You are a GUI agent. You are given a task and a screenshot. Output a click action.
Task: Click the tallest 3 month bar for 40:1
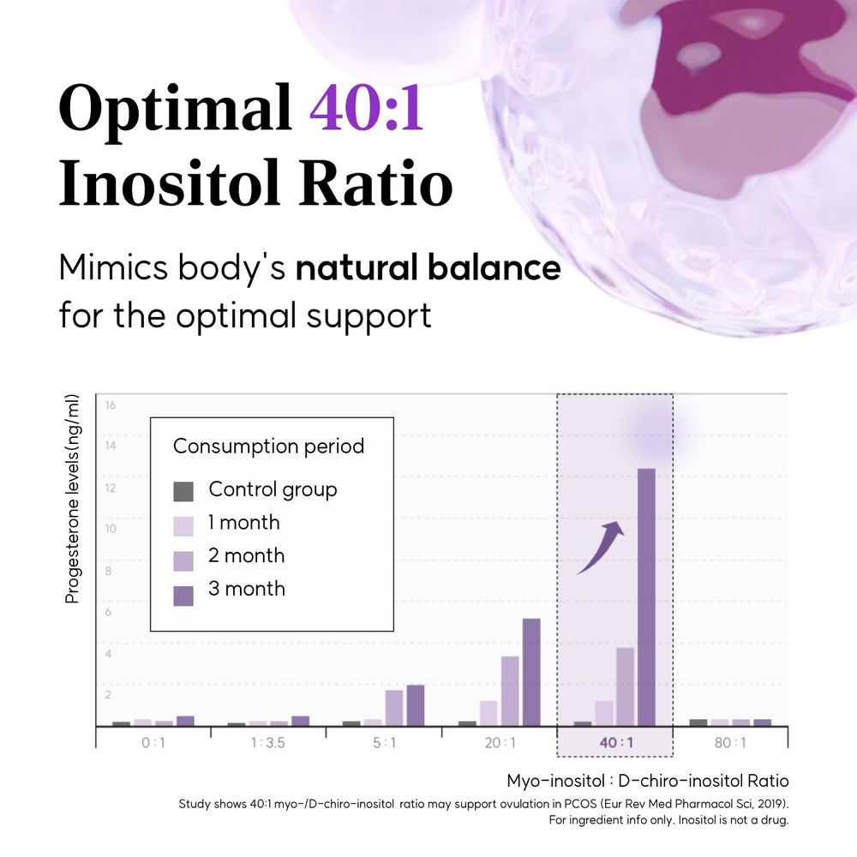click(x=646, y=596)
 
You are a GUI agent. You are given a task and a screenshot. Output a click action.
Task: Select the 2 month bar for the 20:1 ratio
click(x=510, y=691)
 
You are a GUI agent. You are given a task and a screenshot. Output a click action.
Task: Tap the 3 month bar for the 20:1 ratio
click(x=531, y=672)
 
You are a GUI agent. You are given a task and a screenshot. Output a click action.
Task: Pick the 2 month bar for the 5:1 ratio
click(x=394, y=708)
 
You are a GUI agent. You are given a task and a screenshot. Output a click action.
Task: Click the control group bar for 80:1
click(x=698, y=722)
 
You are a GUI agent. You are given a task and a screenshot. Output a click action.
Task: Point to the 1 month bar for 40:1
click(x=604, y=713)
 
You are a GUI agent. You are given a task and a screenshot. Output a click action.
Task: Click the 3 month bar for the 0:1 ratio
click(x=185, y=721)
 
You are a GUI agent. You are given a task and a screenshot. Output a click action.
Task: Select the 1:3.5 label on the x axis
click(x=267, y=742)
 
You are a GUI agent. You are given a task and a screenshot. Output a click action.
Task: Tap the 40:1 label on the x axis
click(x=616, y=742)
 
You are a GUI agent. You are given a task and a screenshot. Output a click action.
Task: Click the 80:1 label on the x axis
click(x=729, y=742)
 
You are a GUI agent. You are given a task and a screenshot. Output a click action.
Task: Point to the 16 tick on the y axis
click(x=111, y=405)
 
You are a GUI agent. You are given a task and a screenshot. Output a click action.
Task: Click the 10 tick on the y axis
click(x=111, y=529)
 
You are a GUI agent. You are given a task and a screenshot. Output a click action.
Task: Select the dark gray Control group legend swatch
click(x=183, y=491)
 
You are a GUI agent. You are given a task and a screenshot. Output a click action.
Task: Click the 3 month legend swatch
click(x=183, y=596)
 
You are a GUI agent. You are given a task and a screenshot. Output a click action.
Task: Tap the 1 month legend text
click(x=243, y=523)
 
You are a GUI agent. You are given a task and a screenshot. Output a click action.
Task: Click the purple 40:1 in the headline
click(x=367, y=107)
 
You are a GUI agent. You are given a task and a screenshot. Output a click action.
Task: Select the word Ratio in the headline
click(x=376, y=183)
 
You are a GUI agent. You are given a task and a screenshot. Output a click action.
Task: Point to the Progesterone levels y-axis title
click(x=72, y=499)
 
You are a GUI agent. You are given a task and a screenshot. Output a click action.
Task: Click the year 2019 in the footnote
click(x=771, y=804)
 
